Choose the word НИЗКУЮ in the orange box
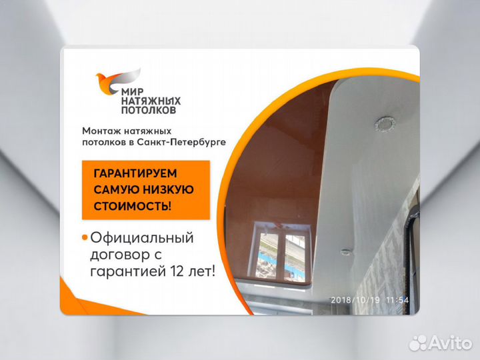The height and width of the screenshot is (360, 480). tap(170, 189)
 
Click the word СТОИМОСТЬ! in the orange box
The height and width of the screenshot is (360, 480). tap(132, 206)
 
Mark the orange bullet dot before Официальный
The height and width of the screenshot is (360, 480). tap(84, 237)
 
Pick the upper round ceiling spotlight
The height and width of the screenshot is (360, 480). tap(386, 123)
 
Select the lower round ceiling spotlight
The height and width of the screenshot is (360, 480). tap(345, 251)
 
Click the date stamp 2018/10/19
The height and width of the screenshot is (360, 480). tap(356, 300)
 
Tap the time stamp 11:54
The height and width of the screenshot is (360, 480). tap(397, 300)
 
